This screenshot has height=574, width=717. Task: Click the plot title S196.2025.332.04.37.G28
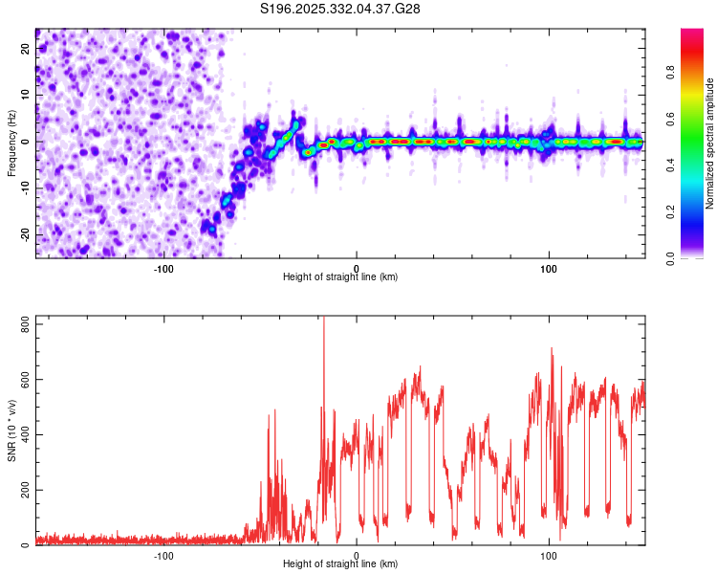[340, 9]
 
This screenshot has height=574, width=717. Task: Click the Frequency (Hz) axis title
[11, 142]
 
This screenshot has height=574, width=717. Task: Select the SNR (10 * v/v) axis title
[11, 430]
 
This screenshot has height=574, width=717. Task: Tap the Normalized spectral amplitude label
[710, 143]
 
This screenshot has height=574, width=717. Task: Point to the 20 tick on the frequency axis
[25, 48]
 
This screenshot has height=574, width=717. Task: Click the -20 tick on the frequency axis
[23, 234]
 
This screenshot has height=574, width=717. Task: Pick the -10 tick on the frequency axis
[23, 188]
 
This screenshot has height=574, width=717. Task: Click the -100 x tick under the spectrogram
[163, 268]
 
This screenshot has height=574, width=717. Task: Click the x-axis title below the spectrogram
[340, 277]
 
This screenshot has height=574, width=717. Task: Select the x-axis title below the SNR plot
[340, 565]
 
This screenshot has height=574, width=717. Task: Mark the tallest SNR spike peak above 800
[323, 319]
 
